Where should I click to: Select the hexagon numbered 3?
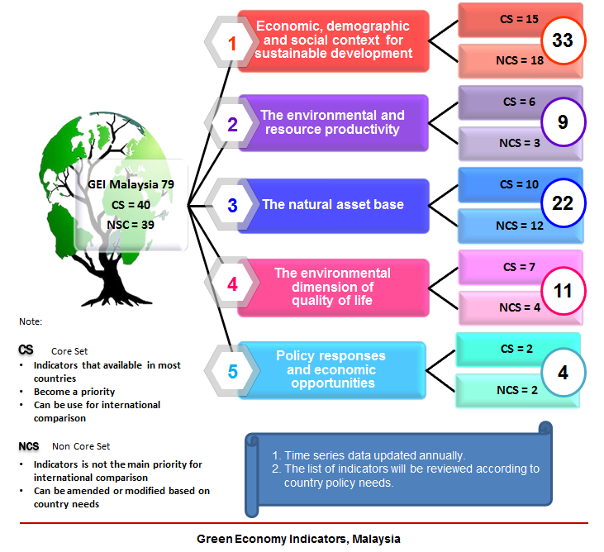tap(232, 204)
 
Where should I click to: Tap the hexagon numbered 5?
tap(232, 371)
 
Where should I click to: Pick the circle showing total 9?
tap(563, 122)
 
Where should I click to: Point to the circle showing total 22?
tap(563, 204)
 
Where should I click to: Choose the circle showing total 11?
tap(563, 291)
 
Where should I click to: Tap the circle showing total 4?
tap(563, 372)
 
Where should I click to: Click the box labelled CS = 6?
tap(508, 102)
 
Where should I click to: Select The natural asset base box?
tap(333, 204)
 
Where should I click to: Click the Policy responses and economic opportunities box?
tap(331, 369)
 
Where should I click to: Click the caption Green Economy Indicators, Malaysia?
tap(298, 539)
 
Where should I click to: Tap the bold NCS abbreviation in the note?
tap(29, 446)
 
